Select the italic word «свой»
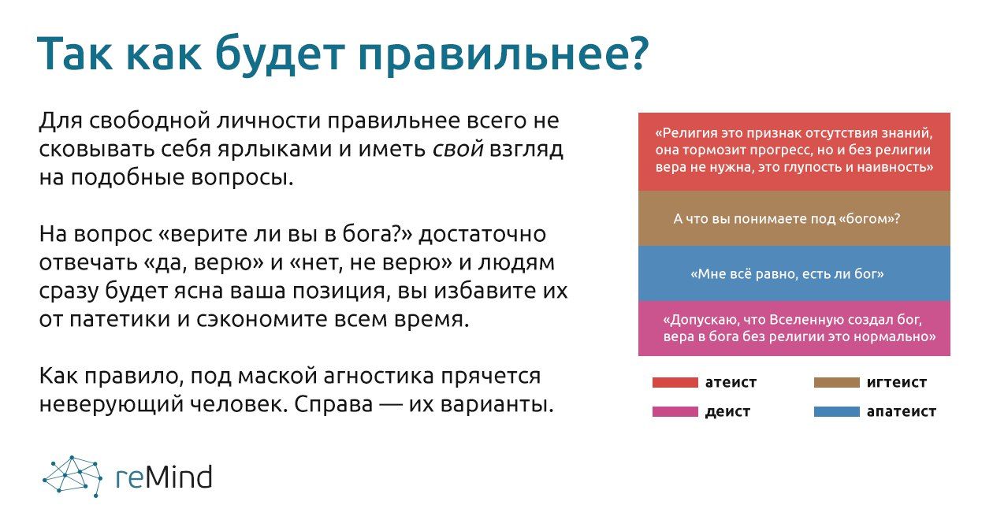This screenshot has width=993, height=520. [457, 149]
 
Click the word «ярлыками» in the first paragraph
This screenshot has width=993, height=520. [275, 150]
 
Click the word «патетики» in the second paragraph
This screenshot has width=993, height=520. [120, 319]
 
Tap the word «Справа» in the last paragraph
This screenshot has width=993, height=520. [333, 404]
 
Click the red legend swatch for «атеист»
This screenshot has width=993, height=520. [675, 383]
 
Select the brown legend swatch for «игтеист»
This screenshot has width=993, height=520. [836, 383]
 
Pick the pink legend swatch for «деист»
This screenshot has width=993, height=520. [675, 412]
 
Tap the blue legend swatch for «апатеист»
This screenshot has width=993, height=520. [836, 412]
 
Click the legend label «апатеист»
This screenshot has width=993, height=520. [902, 412]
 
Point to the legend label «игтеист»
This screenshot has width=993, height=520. [896, 382]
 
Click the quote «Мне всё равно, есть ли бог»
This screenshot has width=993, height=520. [787, 274]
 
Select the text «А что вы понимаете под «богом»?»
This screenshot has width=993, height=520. [787, 219]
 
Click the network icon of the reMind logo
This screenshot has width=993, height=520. [73, 476]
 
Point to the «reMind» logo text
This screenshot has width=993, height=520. [164, 477]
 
